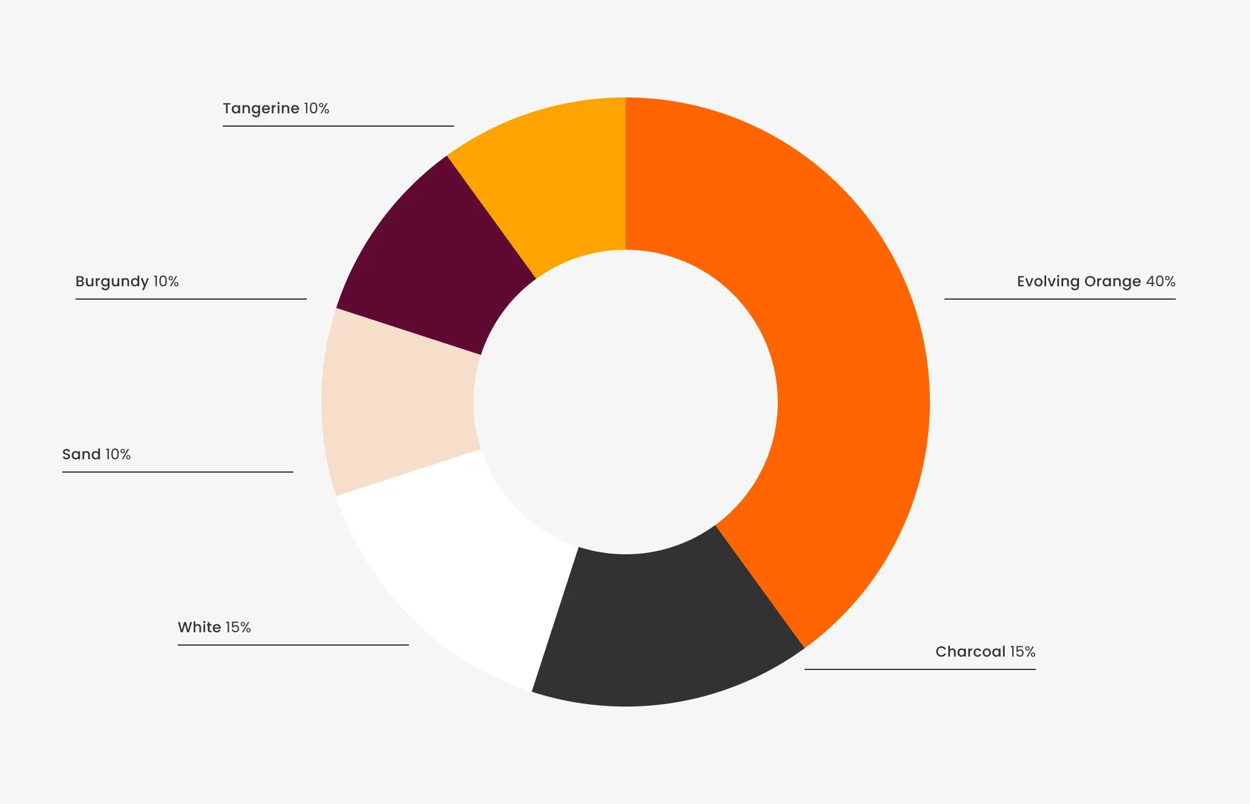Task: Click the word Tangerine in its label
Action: pyautogui.click(x=261, y=108)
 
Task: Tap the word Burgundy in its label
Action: pyautogui.click(x=112, y=281)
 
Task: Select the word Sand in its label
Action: pyautogui.click(x=82, y=454)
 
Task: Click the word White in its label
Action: pyautogui.click(x=199, y=627)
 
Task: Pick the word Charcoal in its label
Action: pyautogui.click(x=970, y=652)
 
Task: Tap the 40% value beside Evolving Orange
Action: pyautogui.click(x=1161, y=281)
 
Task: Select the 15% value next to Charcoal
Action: pyautogui.click(x=1022, y=652)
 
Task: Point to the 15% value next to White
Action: pyautogui.click(x=238, y=627)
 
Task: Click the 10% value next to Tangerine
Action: pyautogui.click(x=316, y=108)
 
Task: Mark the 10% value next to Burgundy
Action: pyautogui.click(x=166, y=281)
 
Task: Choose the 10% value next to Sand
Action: pyautogui.click(x=118, y=454)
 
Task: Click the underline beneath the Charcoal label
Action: pyautogui.click(x=920, y=669)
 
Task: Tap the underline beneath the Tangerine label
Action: pyautogui.click(x=338, y=126)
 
